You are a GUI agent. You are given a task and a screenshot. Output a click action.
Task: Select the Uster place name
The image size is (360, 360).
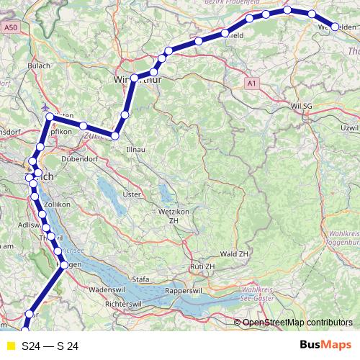tap(131, 194)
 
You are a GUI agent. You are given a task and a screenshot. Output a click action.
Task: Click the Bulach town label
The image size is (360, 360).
tap(37, 65)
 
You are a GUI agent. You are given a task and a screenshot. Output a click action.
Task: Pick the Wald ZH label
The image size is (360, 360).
tap(234, 255)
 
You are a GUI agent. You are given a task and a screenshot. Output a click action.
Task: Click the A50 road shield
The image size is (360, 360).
tap(9, 27)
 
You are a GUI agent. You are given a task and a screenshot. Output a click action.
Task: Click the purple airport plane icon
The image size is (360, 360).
tap(48, 116)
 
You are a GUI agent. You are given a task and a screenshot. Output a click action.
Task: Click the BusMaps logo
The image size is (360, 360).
tap(325, 346)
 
